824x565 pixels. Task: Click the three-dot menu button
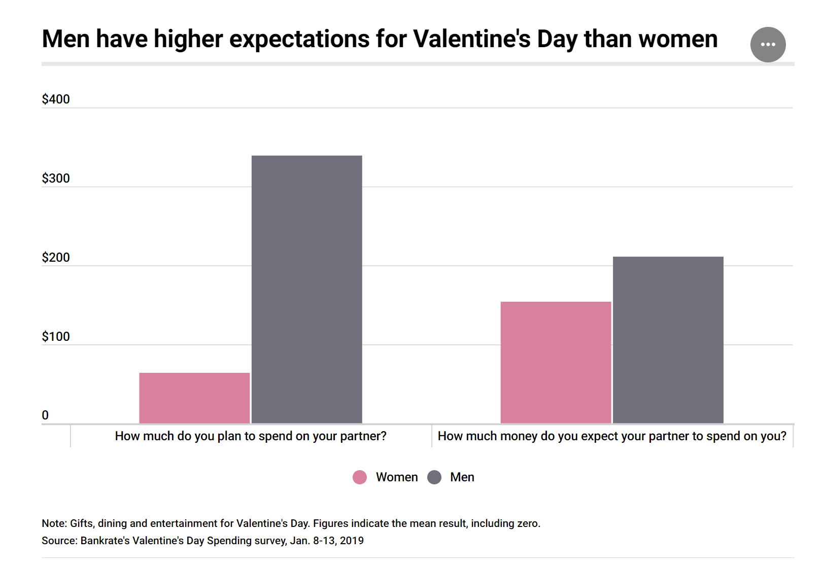pyautogui.click(x=768, y=45)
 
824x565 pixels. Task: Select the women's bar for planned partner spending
pyautogui.click(x=194, y=398)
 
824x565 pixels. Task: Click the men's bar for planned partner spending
pyautogui.click(x=306, y=289)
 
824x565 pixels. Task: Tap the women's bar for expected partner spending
pyautogui.click(x=556, y=363)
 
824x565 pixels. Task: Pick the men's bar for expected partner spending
pyautogui.click(x=668, y=340)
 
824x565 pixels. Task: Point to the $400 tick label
pyautogui.click(x=56, y=99)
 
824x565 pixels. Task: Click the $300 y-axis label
pyautogui.click(x=56, y=179)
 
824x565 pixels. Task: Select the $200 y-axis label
pyautogui.click(x=56, y=258)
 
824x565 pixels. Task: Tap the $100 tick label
pyautogui.click(x=56, y=337)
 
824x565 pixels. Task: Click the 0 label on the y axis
pyautogui.click(x=45, y=415)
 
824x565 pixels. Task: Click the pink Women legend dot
pyautogui.click(x=360, y=477)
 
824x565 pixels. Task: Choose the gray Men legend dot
pyautogui.click(x=434, y=477)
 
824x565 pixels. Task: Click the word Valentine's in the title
pyautogui.click(x=471, y=40)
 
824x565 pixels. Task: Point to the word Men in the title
pyautogui.click(x=65, y=40)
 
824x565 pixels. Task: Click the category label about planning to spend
pyautogui.click(x=251, y=436)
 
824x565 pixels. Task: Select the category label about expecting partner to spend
pyautogui.click(x=612, y=436)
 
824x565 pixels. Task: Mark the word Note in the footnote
pyautogui.click(x=53, y=523)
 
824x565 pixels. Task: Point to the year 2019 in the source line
pyautogui.click(x=352, y=541)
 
